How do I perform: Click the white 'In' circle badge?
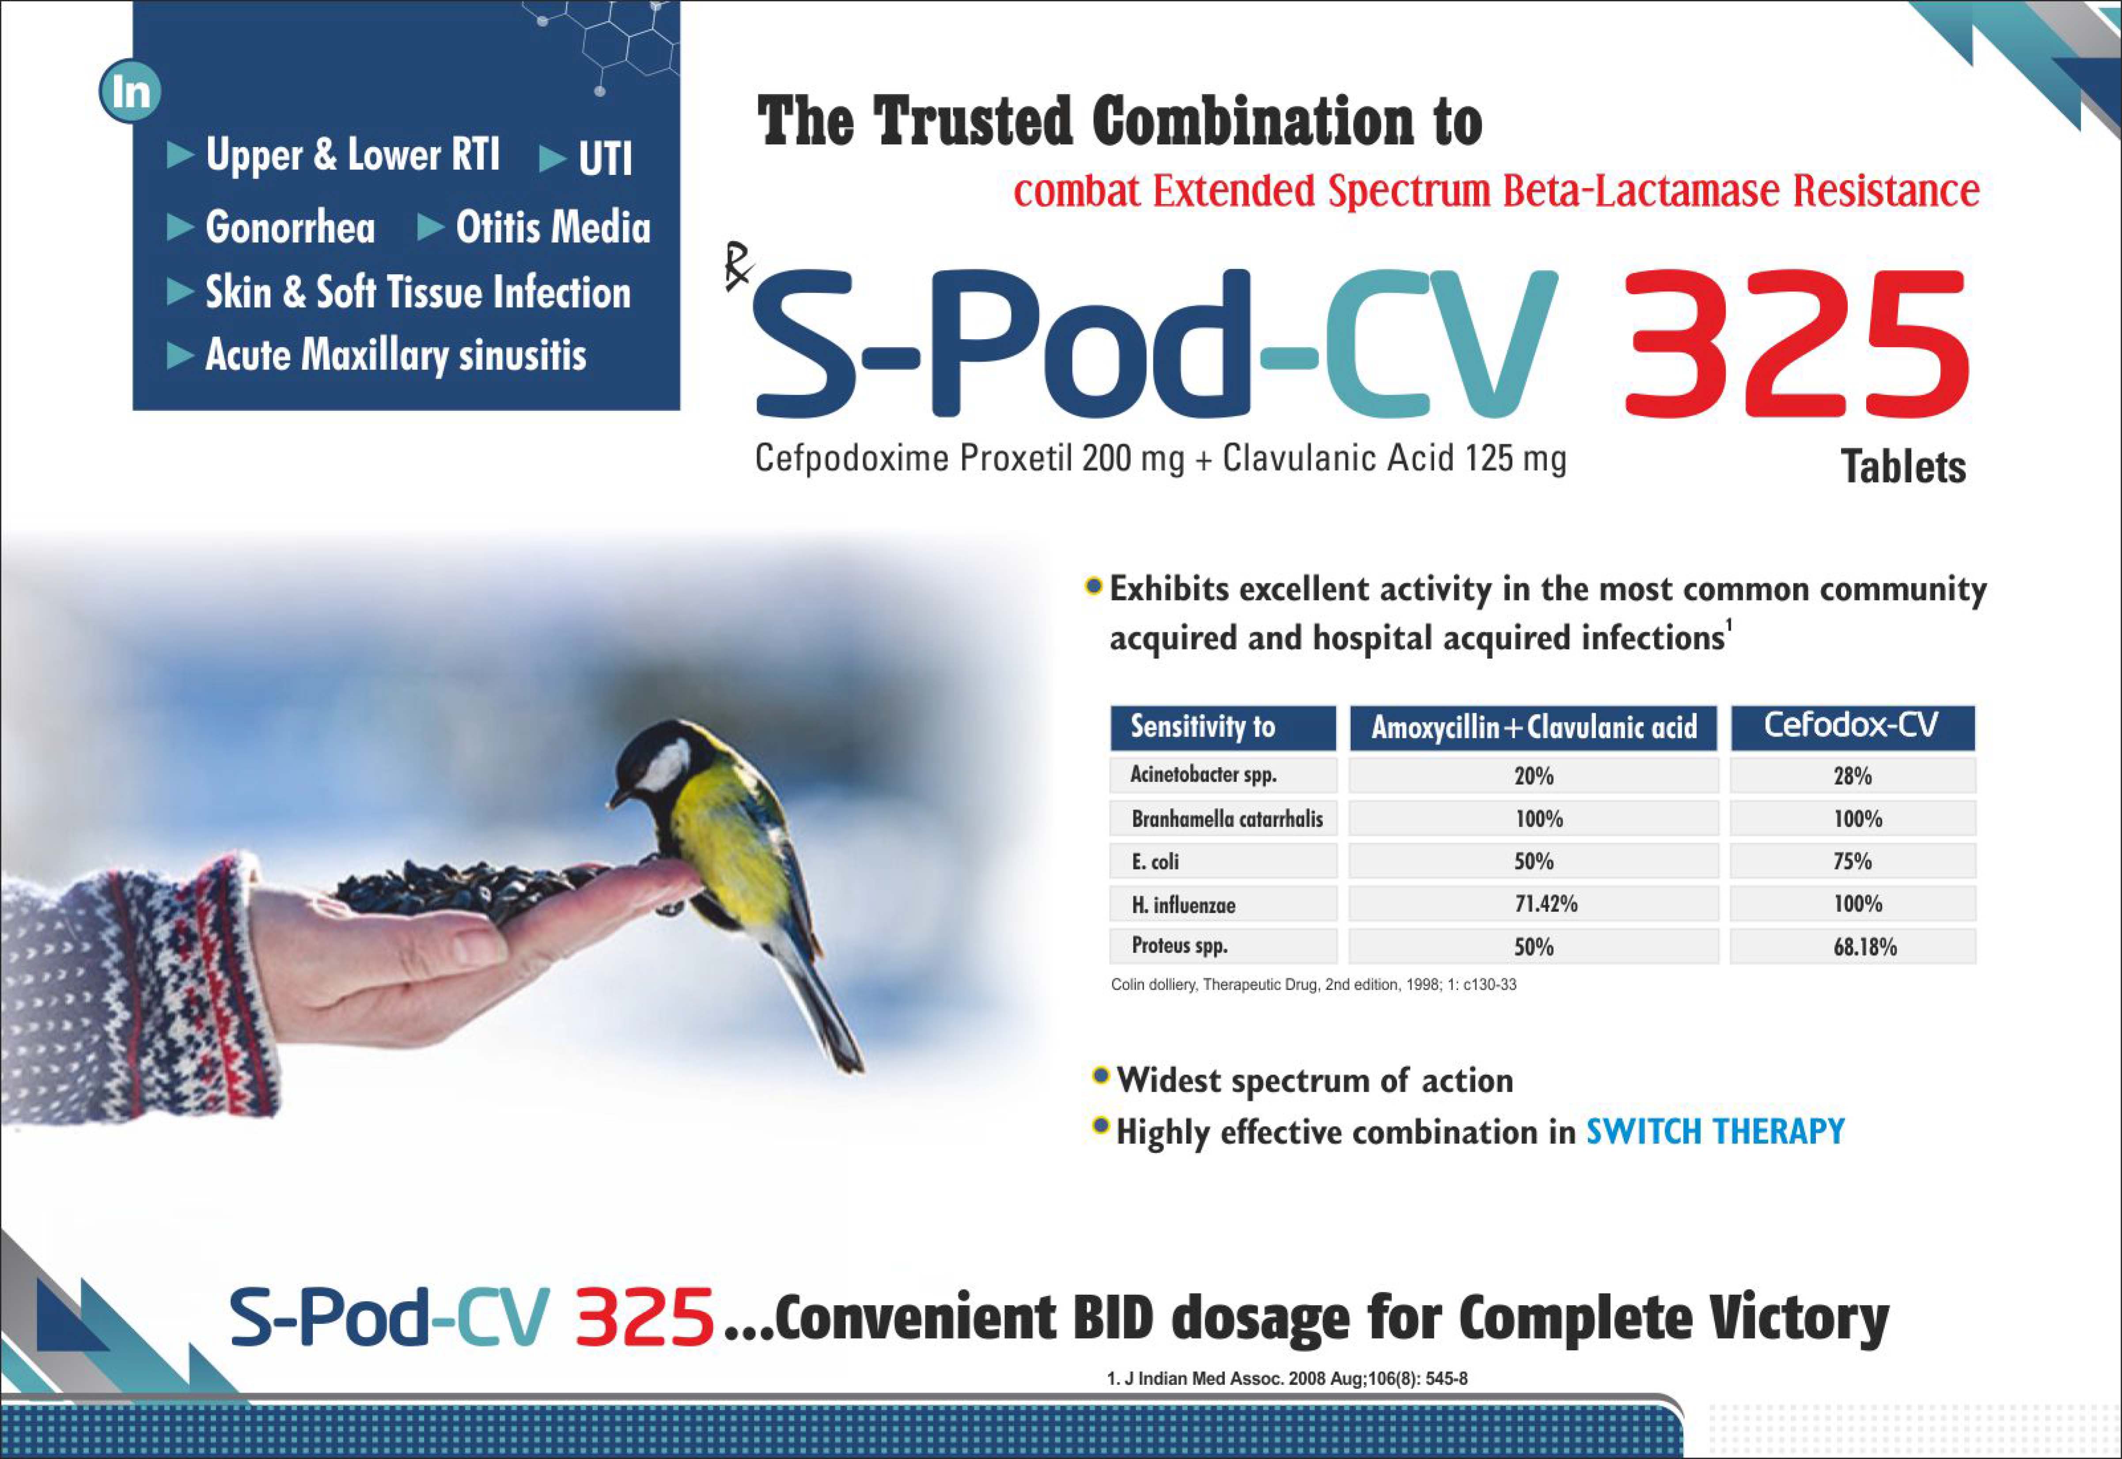pos(130,91)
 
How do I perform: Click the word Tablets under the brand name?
pos(1903,467)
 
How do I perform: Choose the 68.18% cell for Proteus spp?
pos(1865,946)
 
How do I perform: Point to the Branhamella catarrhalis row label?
pos(1227,818)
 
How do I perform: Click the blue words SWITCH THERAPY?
pos(1715,1132)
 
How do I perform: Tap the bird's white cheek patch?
pos(663,766)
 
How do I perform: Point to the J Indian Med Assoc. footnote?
pos(1287,1378)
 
